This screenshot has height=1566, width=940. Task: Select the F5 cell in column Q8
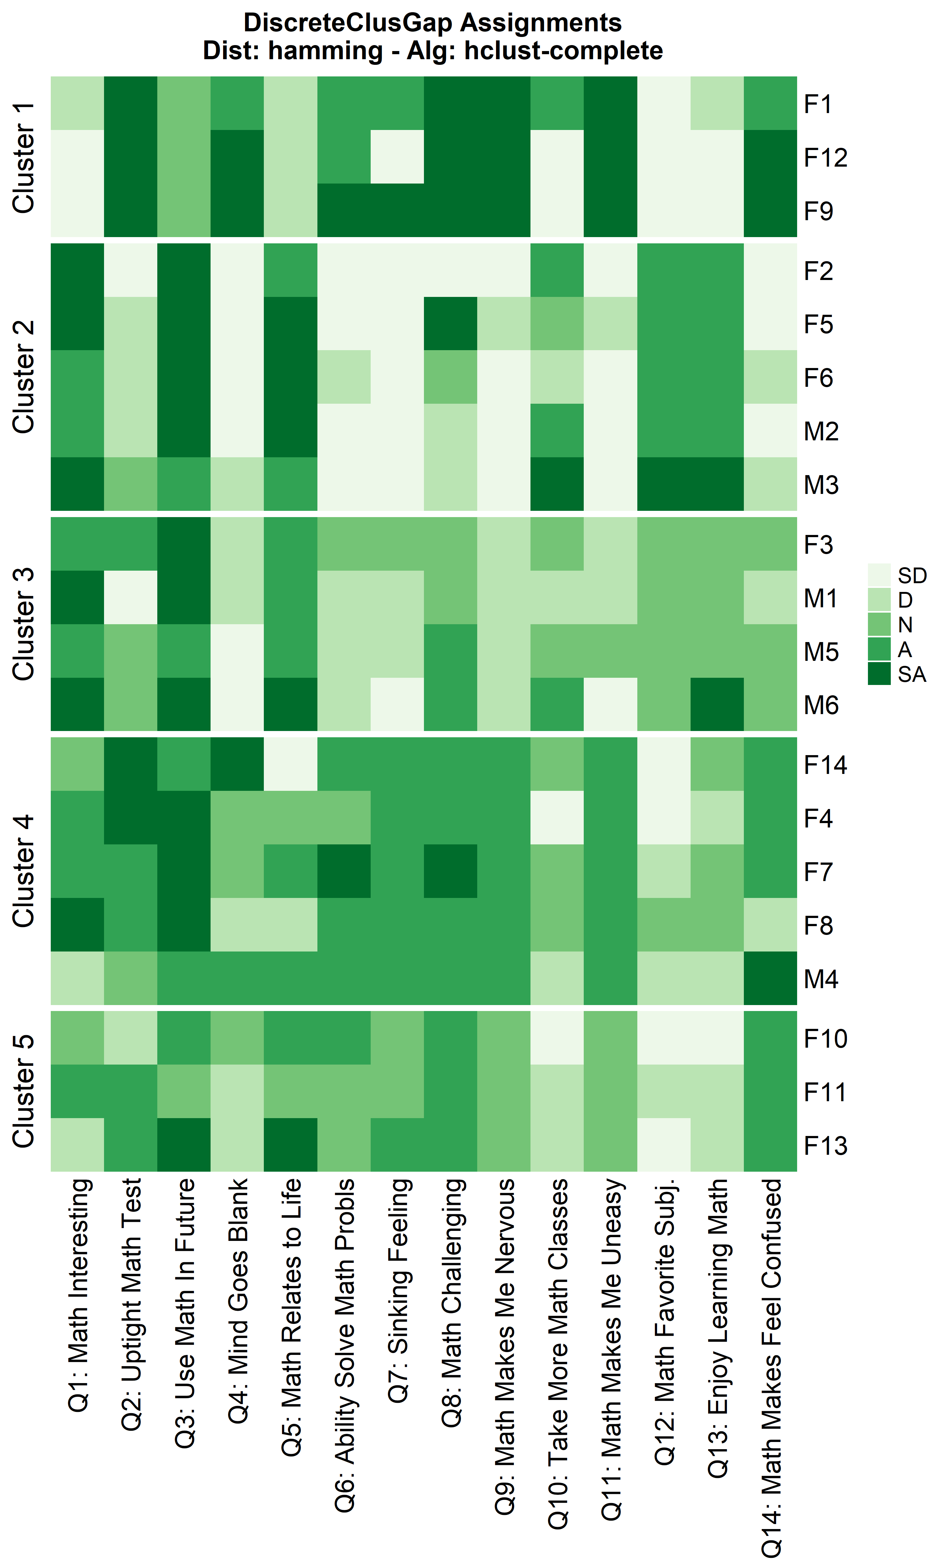click(450, 324)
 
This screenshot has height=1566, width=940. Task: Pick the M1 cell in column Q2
click(130, 598)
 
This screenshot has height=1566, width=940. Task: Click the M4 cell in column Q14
click(770, 978)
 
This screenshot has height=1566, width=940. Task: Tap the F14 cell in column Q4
click(237, 764)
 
